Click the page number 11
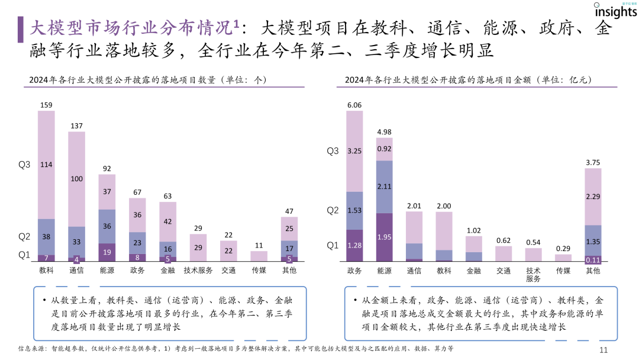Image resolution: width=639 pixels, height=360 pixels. tap(603, 350)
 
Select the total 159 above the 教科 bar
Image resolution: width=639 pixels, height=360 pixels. tap(46, 105)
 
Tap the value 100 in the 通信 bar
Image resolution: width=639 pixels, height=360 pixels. tap(76, 178)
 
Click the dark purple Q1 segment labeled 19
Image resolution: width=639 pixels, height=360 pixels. tap(106, 252)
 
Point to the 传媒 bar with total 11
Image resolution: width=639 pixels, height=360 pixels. tap(259, 256)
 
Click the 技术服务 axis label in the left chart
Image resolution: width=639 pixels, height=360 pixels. tap(198, 271)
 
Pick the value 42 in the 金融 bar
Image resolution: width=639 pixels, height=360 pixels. tap(167, 221)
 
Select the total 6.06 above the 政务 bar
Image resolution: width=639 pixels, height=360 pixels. tap(354, 105)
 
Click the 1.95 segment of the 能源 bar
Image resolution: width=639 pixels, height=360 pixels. tap(385, 237)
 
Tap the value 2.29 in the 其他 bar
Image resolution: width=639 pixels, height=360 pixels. tap(593, 196)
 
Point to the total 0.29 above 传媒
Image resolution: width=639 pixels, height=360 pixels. tap(563, 249)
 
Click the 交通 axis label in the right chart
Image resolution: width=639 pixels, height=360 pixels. tap(504, 271)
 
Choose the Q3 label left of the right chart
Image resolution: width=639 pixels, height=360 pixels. tap(333, 151)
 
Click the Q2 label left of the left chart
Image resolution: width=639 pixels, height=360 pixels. tap(24, 236)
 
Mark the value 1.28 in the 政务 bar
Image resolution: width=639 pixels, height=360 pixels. tap(354, 245)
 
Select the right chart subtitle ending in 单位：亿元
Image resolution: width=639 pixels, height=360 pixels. tap(468, 79)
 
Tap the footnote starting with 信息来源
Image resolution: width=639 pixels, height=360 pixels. tap(237, 349)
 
